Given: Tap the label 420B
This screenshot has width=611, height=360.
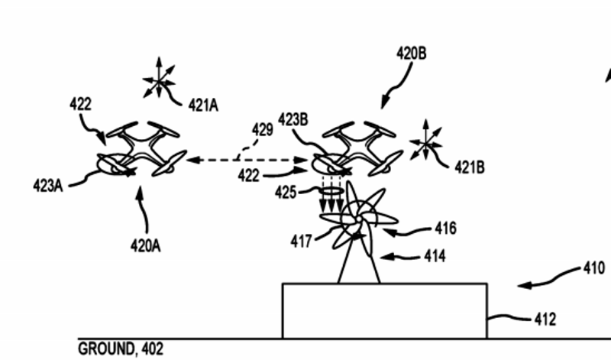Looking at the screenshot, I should coord(411,54).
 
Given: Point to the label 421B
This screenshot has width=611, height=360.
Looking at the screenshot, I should coord(470,166).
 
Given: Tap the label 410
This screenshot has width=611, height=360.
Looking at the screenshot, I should coord(593,269).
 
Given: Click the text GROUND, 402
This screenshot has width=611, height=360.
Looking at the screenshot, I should coord(121,349).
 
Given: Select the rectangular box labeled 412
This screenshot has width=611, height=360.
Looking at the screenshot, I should coord(384,310).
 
